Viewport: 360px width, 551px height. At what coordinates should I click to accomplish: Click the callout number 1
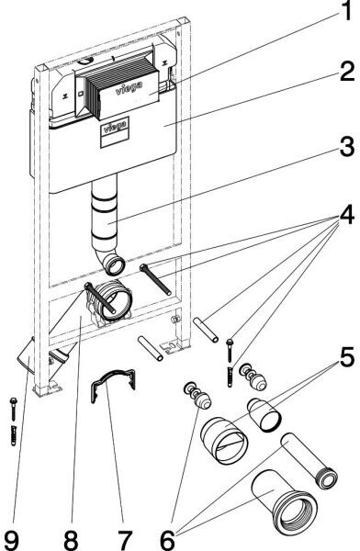click(346, 10)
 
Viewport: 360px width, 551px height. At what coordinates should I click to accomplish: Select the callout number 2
click(347, 72)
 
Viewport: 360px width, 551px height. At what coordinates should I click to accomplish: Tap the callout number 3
click(347, 147)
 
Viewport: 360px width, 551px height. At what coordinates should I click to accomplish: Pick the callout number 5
click(347, 357)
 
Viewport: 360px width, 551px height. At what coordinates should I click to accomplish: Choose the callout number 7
click(125, 540)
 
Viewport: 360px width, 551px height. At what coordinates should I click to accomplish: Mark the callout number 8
click(71, 540)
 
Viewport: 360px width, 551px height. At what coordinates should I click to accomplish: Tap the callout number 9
click(11, 540)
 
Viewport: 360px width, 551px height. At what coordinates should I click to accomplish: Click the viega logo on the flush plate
click(129, 87)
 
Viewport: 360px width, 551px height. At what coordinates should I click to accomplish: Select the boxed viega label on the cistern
click(115, 132)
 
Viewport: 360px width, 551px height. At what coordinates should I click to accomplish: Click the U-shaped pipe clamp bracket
click(113, 384)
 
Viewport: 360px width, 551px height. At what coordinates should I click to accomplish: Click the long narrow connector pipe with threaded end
click(309, 460)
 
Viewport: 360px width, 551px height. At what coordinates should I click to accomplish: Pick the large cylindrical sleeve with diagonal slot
click(224, 440)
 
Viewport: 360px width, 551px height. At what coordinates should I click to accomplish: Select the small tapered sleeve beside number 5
click(264, 415)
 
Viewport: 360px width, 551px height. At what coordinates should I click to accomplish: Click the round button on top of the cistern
click(86, 62)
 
